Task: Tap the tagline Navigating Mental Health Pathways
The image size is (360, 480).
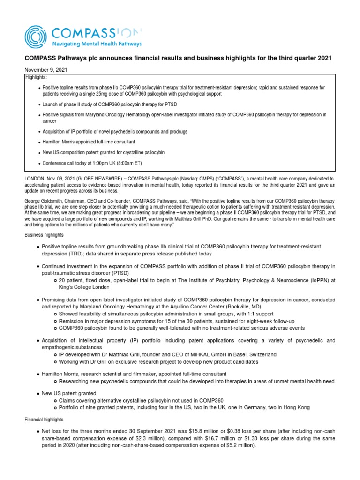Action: (x=96, y=44)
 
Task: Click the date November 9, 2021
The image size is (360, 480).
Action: (x=46, y=69)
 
